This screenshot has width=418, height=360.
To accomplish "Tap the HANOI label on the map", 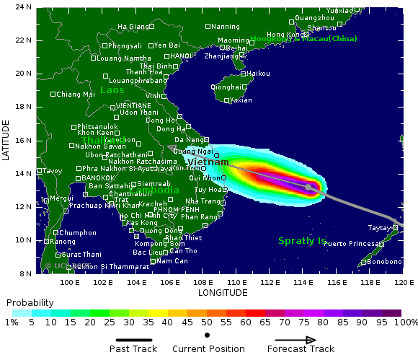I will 180,56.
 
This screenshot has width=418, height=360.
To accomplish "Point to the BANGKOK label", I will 97,177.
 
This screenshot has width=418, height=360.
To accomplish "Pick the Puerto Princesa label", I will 347,244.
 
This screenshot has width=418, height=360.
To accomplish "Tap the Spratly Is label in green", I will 302,240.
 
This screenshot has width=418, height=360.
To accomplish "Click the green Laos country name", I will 112,90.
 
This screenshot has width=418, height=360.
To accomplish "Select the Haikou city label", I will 258,74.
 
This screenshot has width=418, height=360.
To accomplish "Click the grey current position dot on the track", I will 308,187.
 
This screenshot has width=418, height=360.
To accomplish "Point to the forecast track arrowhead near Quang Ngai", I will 172,147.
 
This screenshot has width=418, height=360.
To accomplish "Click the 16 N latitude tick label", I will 24,140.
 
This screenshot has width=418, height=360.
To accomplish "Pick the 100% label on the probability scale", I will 406,323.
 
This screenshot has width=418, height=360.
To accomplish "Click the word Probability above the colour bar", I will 30,302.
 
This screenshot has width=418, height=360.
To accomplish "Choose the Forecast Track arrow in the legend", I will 295,340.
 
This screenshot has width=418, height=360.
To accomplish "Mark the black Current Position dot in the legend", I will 208,335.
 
